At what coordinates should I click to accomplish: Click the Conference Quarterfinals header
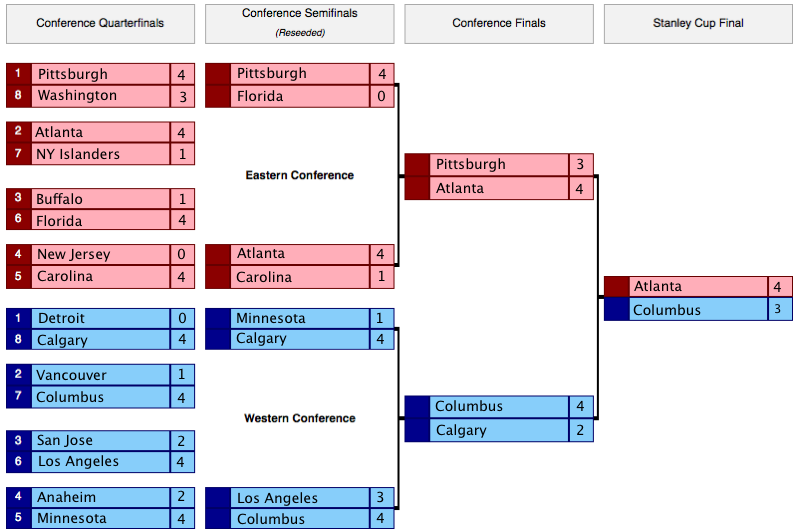pos(100,23)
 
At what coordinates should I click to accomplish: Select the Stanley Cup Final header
pos(698,23)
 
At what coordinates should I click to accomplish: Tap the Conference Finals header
pos(499,23)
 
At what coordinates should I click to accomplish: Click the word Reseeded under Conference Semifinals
pos(300,32)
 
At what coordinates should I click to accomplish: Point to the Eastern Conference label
pos(300,175)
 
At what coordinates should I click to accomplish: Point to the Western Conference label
pos(300,418)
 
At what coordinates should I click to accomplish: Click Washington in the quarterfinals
pos(77,96)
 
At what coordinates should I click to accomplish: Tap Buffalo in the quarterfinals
pos(60,199)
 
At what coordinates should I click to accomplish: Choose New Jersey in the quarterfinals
pos(73,254)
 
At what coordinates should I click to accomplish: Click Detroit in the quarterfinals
pos(61,318)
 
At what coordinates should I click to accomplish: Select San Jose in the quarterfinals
pos(65,440)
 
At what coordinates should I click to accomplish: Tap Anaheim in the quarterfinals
pos(67,497)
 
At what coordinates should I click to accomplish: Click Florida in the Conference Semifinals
pos(260,97)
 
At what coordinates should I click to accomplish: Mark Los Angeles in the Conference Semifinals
pos(277,498)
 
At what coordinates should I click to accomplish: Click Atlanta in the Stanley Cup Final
pos(658,287)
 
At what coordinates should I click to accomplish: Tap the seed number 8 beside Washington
pos(18,96)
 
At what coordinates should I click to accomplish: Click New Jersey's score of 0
pos(182,254)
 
